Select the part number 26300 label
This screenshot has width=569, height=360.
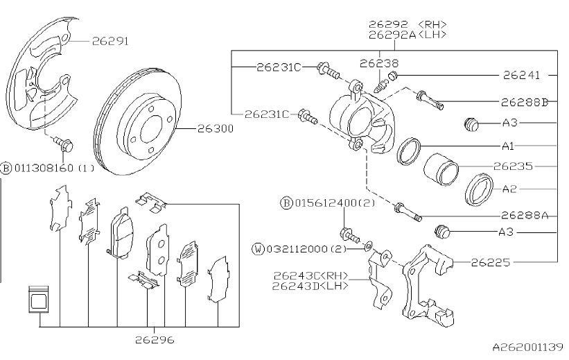point(216,129)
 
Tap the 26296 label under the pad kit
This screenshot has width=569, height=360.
point(154,340)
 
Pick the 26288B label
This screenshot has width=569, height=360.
point(525,102)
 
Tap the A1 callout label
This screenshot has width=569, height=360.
point(509,147)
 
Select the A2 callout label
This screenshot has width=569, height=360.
point(509,189)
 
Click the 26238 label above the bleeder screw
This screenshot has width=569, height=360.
point(379,63)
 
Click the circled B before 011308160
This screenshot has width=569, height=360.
point(6,168)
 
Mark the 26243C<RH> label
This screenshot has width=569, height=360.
point(310,275)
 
